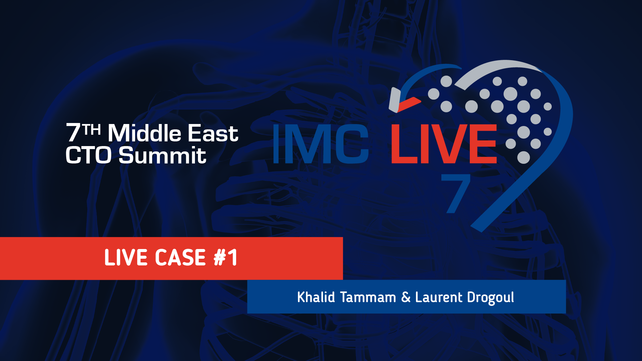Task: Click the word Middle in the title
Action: [x=144, y=133]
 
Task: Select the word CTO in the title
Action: [x=88, y=155]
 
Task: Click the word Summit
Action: [x=163, y=155]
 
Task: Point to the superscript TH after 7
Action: [x=92, y=129]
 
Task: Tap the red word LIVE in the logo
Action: [x=444, y=144]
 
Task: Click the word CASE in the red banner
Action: [x=180, y=257]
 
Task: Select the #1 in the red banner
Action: [x=226, y=257]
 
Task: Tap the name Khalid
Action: [x=316, y=297]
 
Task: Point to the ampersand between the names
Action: [x=406, y=297]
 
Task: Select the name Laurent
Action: [x=439, y=297]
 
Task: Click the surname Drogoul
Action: [x=491, y=297]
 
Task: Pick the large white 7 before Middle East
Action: [x=74, y=133]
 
